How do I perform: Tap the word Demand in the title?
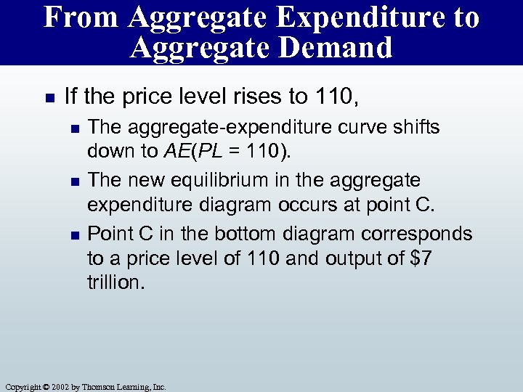coord(341,48)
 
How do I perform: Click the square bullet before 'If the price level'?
coord(48,97)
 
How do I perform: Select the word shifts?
coord(415,127)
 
